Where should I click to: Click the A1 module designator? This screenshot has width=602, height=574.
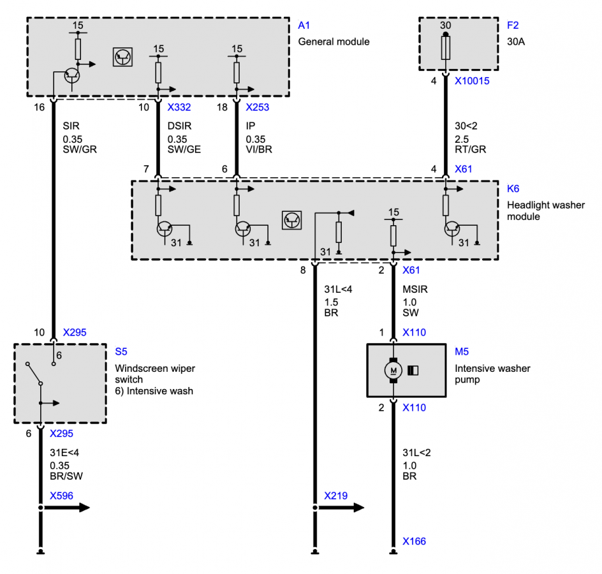[304, 26]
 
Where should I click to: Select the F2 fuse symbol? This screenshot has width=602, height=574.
[445, 48]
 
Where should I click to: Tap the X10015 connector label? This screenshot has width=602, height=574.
[472, 81]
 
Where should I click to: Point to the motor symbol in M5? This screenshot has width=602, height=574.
[393, 371]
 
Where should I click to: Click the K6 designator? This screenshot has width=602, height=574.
[513, 189]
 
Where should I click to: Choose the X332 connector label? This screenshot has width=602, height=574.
[179, 107]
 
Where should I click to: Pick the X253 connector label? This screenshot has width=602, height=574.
[257, 107]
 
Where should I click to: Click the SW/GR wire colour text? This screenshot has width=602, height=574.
[80, 149]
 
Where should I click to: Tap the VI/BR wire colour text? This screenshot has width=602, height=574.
[259, 149]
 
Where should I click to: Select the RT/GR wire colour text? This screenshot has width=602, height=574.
[471, 149]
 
